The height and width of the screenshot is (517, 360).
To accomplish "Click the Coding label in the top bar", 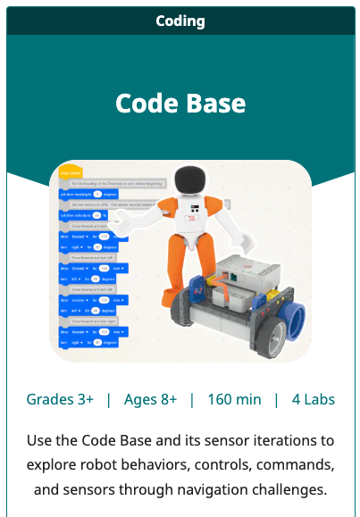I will [x=180, y=21].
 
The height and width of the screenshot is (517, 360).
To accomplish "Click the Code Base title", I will [x=180, y=103].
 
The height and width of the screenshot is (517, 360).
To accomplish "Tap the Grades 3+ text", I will [x=60, y=399].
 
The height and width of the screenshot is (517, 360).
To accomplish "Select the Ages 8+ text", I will [x=150, y=399].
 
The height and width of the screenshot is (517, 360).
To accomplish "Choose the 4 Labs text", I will [x=314, y=399].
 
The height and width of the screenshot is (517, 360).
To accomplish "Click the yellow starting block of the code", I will [x=70, y=171].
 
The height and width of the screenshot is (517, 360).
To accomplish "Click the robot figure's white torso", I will [x=190, y=221].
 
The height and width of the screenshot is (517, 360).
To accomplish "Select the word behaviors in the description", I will [x=158, y=465].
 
